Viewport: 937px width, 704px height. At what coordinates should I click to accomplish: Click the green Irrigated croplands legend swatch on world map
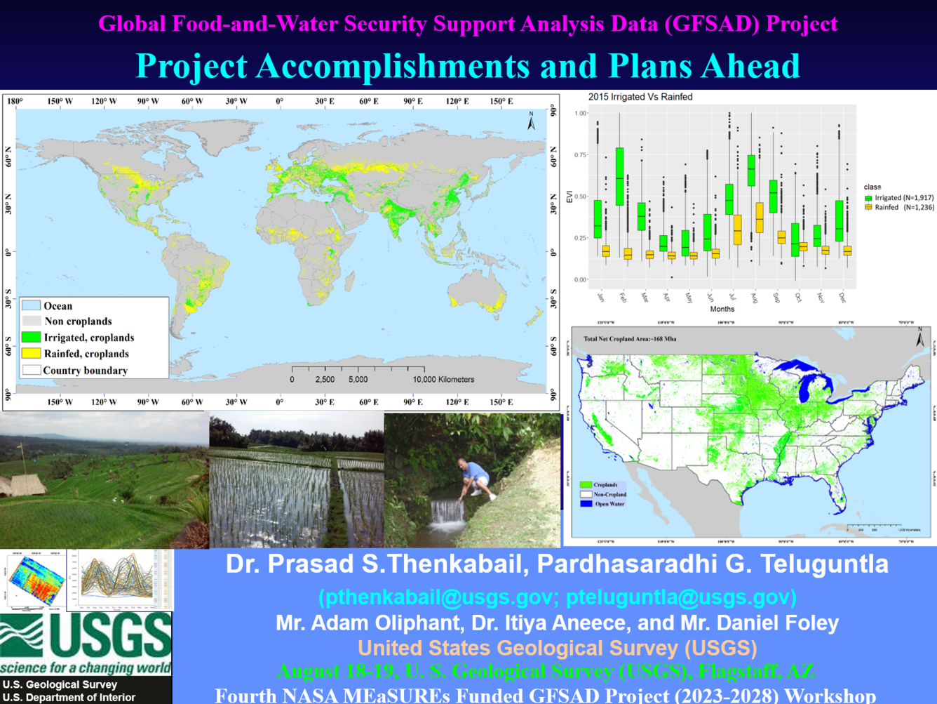31,338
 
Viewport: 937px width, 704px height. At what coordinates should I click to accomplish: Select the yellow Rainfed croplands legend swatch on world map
31,354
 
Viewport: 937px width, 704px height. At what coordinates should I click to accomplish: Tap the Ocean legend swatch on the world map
31,306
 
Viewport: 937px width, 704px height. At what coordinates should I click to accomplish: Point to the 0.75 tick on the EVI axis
580,155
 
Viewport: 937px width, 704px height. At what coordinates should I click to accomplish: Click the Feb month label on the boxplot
623,298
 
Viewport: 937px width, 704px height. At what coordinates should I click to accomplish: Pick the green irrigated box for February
619,176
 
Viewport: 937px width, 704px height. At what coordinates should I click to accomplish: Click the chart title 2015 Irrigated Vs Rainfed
640,97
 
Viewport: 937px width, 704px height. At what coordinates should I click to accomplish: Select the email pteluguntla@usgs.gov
680,597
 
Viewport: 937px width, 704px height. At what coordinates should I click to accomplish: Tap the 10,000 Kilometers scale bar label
443,380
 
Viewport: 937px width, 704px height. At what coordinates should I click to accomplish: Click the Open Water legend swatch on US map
586,504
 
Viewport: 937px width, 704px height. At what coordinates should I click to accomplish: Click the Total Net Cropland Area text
629,339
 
